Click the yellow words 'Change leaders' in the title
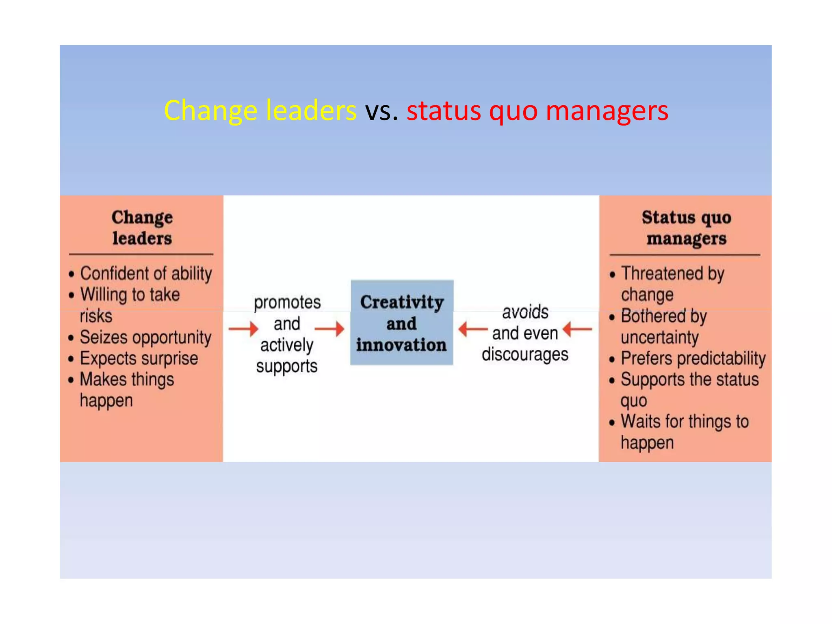[260, 111]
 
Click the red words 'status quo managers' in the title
[537, 111]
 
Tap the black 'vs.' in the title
[381, 111]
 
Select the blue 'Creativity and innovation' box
[402, 323]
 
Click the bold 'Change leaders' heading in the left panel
[142, 228]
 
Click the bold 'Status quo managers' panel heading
[686, 228]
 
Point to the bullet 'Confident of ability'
[146, 273]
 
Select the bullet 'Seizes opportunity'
[145, 338]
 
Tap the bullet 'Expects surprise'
[139, 359]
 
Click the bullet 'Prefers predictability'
[693, 359]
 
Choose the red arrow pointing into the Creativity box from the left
[329, 329]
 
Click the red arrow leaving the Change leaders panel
[243, 329]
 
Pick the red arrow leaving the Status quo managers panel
[578, 329]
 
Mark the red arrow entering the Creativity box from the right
[473, 329]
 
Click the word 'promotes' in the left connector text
[287, 303]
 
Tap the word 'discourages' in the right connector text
[525, 355]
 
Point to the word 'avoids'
[525, 312]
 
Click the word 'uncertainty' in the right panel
[660, 338]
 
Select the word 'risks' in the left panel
[96, 316]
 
